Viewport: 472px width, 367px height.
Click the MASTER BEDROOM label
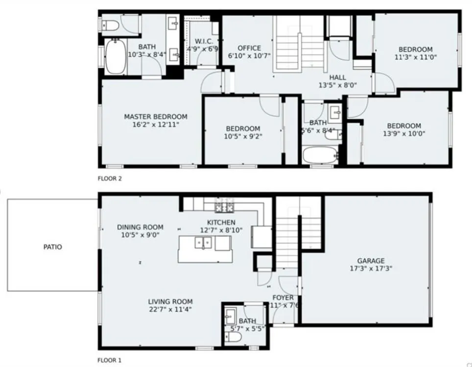point(155,117)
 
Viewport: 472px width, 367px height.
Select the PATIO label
point(53,247)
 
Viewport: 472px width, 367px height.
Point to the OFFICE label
point(249,48)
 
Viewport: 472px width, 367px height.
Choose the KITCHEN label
point(221,222)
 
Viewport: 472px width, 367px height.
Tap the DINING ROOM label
point(140,227)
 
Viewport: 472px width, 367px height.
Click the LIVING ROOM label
point(170,301)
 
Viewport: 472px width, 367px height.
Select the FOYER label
point(283,297)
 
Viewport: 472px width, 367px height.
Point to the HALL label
point(337,77)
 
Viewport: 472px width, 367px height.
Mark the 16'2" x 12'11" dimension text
point(155,124)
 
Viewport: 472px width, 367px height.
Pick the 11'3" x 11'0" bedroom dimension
point(415,57)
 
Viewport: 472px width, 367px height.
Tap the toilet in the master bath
point(109,25)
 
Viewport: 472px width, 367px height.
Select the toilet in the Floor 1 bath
point(233,338)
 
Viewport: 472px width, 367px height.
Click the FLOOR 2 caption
point(110,178)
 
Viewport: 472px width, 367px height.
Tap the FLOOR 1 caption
point(110,360)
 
